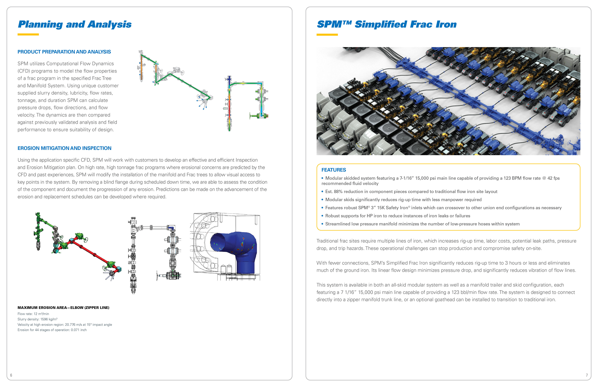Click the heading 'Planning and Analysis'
coord(75,24)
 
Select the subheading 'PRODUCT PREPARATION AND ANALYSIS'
coord(64,52)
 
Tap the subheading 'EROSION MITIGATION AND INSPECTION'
coord(64,148)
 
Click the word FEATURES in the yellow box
coord(334,170)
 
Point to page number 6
coord(11,375)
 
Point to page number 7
coord(587,375)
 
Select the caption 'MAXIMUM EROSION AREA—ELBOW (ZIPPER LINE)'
coord(63,308)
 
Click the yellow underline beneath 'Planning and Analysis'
coord(28,34)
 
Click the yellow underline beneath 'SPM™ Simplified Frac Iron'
coord(327,35)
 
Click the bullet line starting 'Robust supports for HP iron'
coord(397,216)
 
